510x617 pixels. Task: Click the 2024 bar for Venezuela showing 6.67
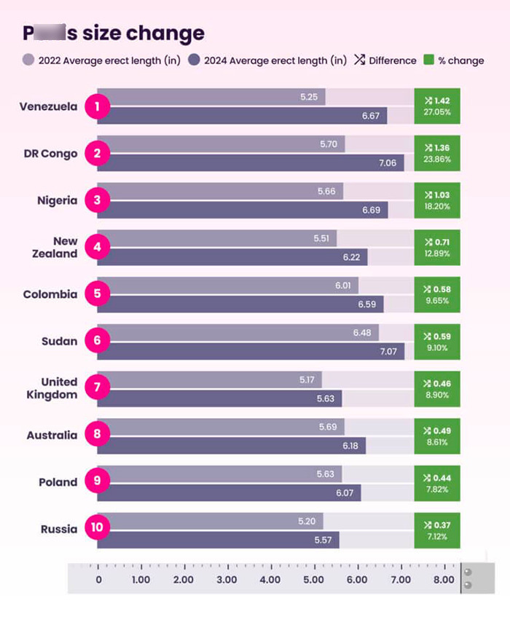tap(248, 116)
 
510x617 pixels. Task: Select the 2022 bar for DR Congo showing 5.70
tap(226, 144)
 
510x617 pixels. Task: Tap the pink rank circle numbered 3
tap(97, 201)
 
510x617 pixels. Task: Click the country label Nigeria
tap(57, 201)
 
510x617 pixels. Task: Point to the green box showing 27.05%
tap(437, 106)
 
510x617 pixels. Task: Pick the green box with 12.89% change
tap(437, 248)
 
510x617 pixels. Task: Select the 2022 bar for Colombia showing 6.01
tap(233, 286)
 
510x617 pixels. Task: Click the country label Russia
tap(59, 530)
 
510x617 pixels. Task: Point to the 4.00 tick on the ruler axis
tap(270, 580)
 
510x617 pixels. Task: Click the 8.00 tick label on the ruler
tap(443, 580)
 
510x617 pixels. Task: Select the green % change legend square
tap(428, 60)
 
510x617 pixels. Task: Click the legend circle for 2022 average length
tap(28, 60)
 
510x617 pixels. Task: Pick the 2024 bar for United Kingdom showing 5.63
tap(219, 398)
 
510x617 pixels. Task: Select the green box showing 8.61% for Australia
tap(437, 436)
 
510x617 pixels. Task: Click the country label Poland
tap(58, 482)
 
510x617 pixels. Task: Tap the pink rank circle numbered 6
tap(97, 342)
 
